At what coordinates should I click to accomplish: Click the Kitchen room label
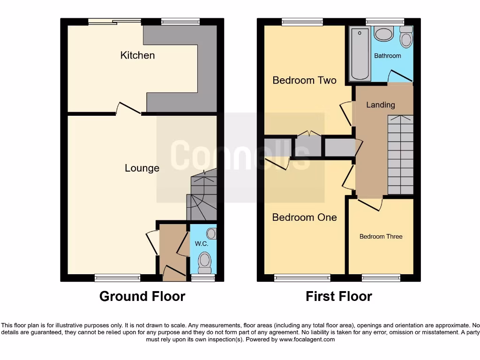(x=137, y=55)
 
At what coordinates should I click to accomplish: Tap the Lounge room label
(x=142, y=168)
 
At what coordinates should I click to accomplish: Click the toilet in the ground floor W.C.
(x=205, y=263)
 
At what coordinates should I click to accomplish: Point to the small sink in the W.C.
(x=211, y=233)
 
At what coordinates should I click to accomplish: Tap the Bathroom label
(x=388, y=56)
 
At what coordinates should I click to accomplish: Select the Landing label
(x=380, y=105)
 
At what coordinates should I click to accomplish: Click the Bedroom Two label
(x=304, y=80)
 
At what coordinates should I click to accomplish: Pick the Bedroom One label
(x=304, y=217)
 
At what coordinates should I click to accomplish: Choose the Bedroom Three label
(x=381, y=237)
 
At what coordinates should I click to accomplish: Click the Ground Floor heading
(x=142, y=296)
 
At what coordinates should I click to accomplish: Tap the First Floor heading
(x=339, y=296)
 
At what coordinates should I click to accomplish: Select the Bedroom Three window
(x=381, y=278)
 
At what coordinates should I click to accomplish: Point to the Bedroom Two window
(x=302, y=22)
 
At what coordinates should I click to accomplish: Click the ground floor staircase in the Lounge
(x=202, y=197)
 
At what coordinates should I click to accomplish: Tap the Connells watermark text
(x=240, y=155)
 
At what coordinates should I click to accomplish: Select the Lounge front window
(x=117, y=278)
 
